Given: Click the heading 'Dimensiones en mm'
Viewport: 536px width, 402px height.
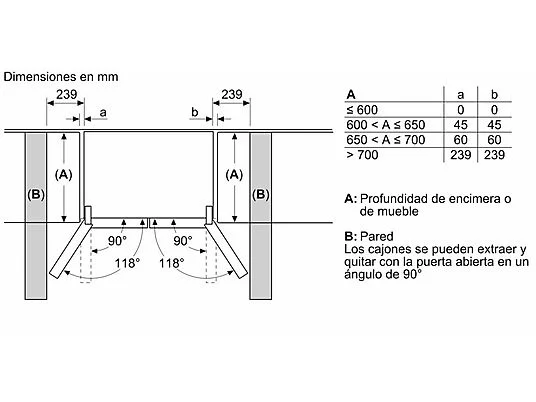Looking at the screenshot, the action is click(x=61, y=77).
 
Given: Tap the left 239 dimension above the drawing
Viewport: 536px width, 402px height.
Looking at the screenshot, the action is click(x=67, y=94).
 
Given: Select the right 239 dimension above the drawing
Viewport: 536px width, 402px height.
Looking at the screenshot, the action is click(x=232, y=94).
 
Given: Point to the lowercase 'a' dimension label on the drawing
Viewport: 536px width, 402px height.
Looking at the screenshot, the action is click(x=103, y=112).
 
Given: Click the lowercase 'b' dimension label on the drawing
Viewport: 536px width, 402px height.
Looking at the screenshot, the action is click(x=195, y=112).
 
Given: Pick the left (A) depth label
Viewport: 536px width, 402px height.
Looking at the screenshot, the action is click(x=64, y=175).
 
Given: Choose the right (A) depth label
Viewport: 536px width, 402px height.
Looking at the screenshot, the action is click(x=234, y=175).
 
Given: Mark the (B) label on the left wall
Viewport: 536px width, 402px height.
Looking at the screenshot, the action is click(x=36, y=195).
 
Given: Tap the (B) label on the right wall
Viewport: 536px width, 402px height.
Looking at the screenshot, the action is click(x=260, y=195).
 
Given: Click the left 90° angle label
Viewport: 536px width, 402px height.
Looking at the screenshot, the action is click(x=117, y=241).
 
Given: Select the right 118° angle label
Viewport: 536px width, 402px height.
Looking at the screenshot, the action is click(x=172, y=263).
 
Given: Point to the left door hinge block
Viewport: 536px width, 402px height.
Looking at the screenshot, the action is click(x=88, y=215).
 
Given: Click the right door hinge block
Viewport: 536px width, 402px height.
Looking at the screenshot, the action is click(x=209, y=215).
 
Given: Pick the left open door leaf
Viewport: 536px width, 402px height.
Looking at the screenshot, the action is click(x=71, y=249).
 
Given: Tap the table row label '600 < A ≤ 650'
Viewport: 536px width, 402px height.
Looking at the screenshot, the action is click(x=386, y=125).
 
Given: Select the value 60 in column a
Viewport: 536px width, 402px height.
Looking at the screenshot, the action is click(x=460, y=140).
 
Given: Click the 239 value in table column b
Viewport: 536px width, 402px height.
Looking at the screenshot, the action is click(x=494, y=155).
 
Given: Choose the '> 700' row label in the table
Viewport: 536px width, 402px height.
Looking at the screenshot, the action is click(x=362, y=155).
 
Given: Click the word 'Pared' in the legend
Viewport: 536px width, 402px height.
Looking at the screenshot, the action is click(x=377, y=236).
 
